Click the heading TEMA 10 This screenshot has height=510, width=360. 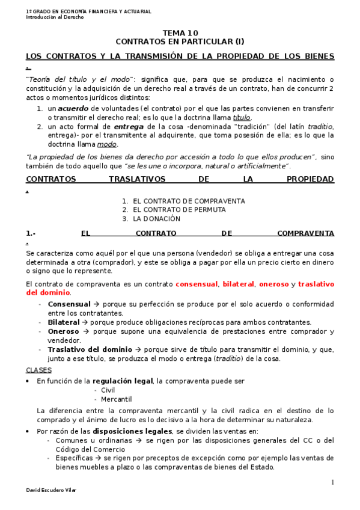point(180,33)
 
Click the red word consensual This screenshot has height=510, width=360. point(197,284)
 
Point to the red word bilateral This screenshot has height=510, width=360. point(239,284)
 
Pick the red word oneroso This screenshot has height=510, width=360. point(275,284)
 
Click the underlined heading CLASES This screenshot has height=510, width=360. point(39,370)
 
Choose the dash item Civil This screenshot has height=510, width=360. point(108,390)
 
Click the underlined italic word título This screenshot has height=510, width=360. point(242,117)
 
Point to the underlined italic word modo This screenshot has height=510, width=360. point(107,144)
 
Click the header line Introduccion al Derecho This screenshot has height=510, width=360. point(55,17)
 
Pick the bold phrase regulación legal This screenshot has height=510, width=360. point(122,381)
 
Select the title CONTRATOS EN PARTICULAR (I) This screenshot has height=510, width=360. point(180,42)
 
